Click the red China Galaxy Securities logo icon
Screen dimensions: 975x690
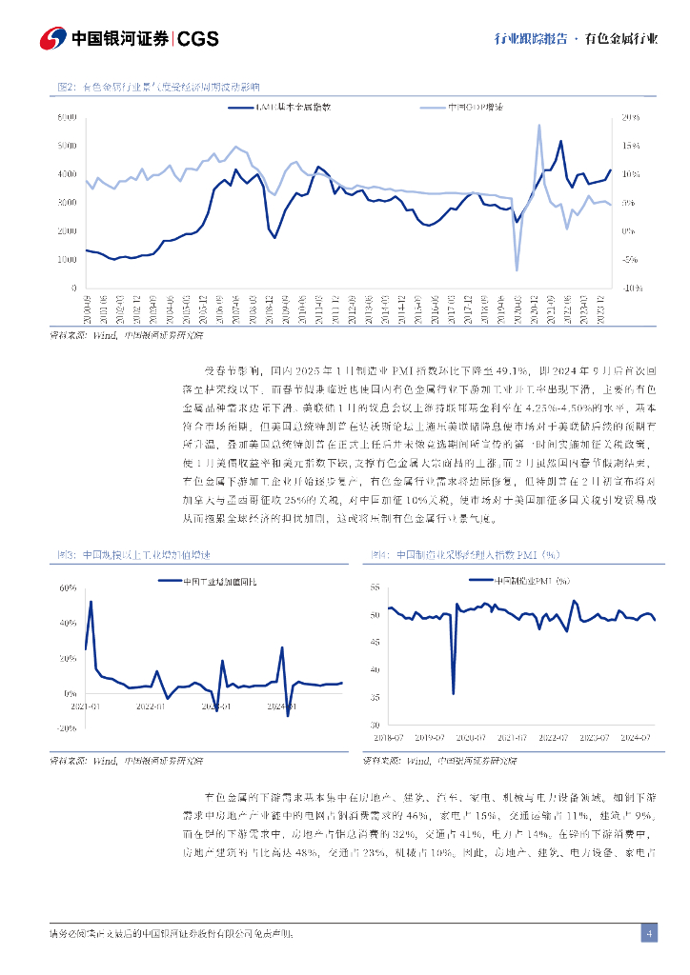53,39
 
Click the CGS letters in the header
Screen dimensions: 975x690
198,39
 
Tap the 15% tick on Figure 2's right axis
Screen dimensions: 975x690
631,146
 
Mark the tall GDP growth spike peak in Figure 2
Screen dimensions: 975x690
539,125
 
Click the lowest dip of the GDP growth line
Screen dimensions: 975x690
517,270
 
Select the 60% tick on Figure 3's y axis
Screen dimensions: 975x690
68,587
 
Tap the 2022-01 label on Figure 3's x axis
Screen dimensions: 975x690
151,706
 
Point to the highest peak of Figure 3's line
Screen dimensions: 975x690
91,602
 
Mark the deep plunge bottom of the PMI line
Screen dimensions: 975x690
453,693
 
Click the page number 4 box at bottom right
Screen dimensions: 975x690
649,933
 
